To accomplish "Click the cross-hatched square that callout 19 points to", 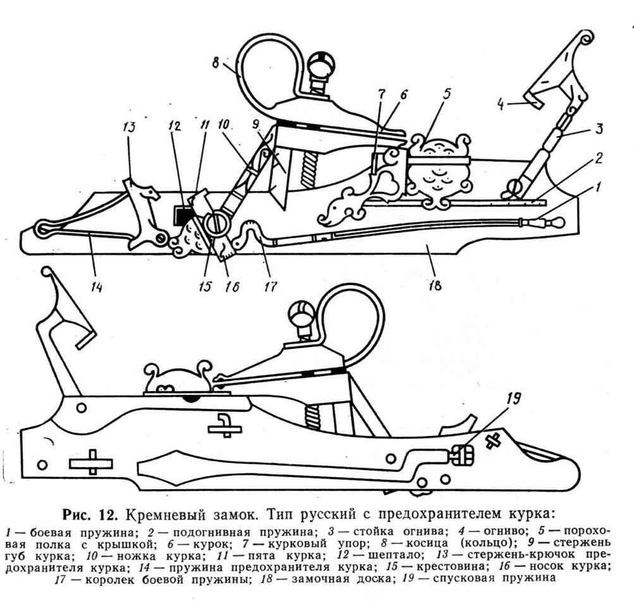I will point(462,453).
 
